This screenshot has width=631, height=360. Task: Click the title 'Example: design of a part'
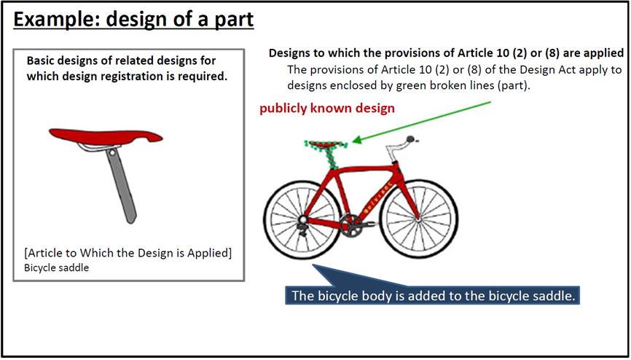pyautogui.click(x=133, y=20)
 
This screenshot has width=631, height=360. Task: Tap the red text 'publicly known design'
pyautogui.click(x=326, y=109)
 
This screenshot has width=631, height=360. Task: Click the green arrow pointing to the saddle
pyautogui.click(x=422, y=122)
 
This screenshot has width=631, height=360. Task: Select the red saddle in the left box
pyautogui.click(x=106, y=136)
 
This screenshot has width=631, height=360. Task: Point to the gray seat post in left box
pyautogui.click(x=122, y=186)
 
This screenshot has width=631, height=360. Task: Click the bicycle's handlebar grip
pyautogui.click(x=411, y=139)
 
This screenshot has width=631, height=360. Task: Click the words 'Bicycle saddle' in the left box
pyautogui.click(x=56, y=267)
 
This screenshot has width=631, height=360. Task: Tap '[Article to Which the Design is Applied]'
pyautogui.click(x=128, y=254)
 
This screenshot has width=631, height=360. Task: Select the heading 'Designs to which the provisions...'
pyautogui.click(x=446, y=53)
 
